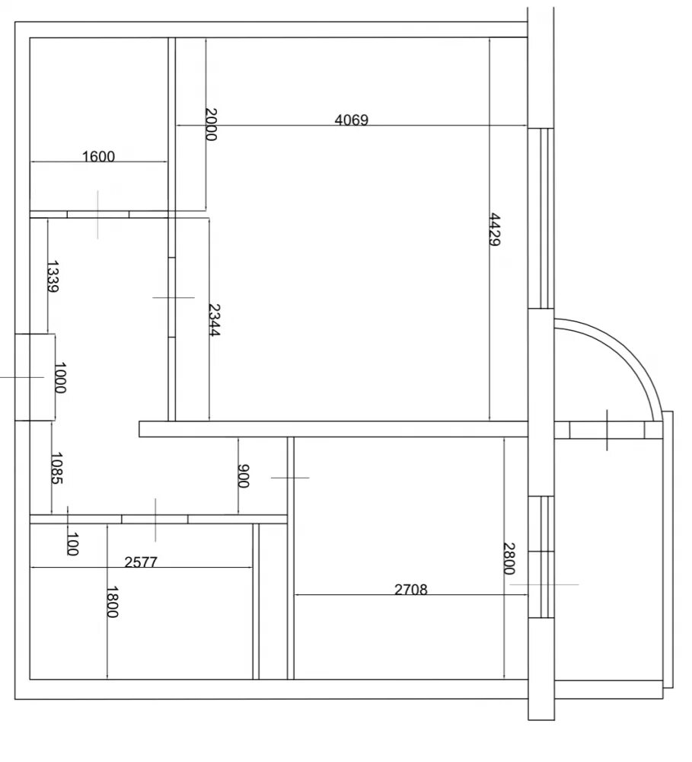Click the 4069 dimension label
point(352,120)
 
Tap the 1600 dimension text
point(98,156)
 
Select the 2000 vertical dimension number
point(211,124)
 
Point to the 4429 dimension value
point(494,229)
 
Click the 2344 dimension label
point(214,320)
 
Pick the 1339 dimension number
point(53,277)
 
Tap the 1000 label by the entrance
point(60,378)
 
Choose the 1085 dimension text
point(57,469)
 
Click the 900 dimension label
point(243,476)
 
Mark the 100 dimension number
point(72,544)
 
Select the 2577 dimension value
point(141,562)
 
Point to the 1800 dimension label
point(112,602)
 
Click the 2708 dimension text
point(411,590)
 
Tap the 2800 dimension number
point(509,559)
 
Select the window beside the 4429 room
point(541,218)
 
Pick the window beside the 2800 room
point(541,557)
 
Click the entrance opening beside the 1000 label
point(35,377)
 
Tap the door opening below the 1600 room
point(98,215)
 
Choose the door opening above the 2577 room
point(155,520)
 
